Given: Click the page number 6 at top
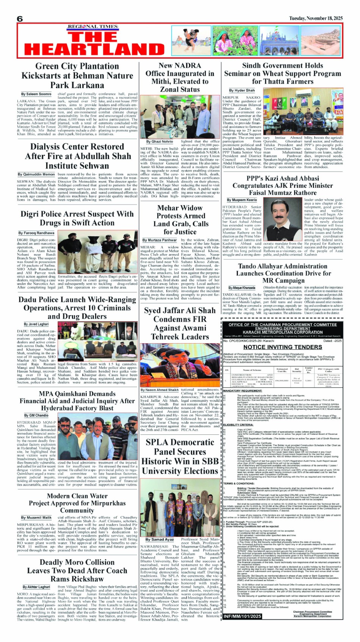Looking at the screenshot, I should (20, 19).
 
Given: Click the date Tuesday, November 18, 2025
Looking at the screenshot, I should (316, 18).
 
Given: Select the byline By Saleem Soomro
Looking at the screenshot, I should (36, 94).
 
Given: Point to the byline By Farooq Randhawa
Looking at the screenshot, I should (36, 233).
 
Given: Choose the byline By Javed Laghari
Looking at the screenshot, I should (36, 324).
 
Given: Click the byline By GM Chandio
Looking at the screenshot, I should (36, 416).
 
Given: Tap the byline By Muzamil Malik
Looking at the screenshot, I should (36, 517).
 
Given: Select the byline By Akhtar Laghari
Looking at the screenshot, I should (36, 587).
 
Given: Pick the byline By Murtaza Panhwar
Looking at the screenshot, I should (160, 240).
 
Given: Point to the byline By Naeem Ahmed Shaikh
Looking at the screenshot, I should (160, 390).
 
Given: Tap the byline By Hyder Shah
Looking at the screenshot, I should (242, 91).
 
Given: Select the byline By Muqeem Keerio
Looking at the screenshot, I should (242, 200).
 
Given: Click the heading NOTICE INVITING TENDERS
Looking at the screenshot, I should (283, 347).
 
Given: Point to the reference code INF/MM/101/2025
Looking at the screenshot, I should (242, 616).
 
